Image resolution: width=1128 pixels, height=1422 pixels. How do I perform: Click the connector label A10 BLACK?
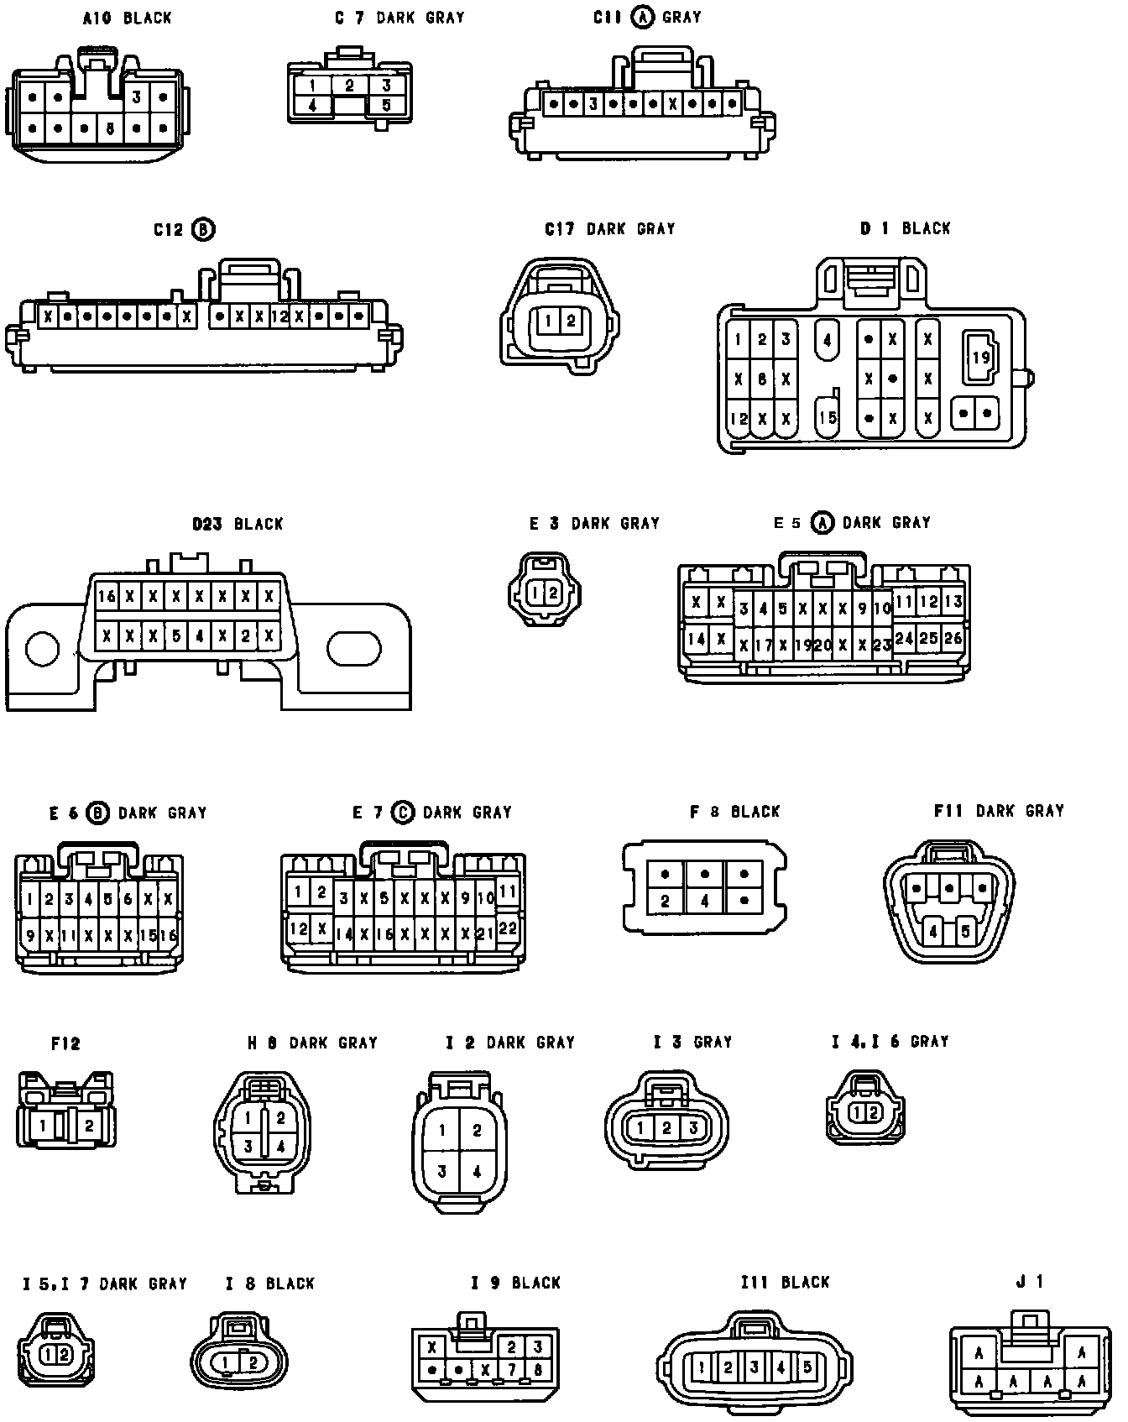127,18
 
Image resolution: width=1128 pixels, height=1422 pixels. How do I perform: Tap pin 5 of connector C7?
386,106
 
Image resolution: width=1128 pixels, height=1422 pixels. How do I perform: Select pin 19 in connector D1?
980,358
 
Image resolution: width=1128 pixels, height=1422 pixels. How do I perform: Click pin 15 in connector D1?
828,417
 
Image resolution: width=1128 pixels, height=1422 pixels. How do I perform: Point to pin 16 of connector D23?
107,597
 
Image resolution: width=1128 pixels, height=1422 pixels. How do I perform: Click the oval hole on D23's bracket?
353,649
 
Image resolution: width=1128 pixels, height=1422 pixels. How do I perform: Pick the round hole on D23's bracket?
42,649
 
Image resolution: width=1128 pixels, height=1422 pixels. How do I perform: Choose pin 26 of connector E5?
953,638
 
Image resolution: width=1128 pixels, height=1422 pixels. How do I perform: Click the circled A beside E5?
823,523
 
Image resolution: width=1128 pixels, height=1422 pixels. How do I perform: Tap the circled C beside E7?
403,813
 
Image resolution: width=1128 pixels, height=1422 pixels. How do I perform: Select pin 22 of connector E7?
507,928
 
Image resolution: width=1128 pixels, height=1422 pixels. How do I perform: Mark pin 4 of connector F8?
704,902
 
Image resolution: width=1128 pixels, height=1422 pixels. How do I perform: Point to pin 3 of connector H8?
248,1146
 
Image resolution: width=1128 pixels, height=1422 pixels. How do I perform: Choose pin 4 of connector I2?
477,1172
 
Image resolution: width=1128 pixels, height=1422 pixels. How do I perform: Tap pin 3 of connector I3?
693,1128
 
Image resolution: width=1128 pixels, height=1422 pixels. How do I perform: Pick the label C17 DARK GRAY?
609,229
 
